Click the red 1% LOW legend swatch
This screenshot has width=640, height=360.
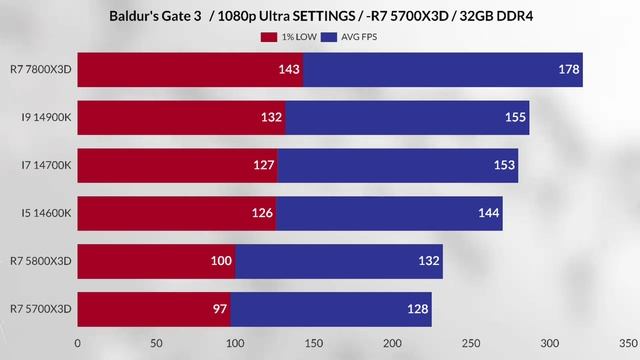pos(268,37)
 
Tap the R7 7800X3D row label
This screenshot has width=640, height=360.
pos(41,69)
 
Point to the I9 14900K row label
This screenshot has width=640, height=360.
pos(45,117)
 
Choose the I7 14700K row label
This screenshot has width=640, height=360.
pos(45,165)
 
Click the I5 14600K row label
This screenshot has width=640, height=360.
pos(45,213)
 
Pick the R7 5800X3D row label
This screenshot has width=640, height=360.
pos(41,261)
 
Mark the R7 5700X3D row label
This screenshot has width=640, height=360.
pos(41,309)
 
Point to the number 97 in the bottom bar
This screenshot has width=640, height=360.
pos(220,309)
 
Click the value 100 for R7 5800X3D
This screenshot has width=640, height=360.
pos(222,261)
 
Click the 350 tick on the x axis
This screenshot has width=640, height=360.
pos(628,342)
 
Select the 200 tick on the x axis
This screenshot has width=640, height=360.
pos(392,342)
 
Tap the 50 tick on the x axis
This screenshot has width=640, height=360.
pos(156,342)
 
